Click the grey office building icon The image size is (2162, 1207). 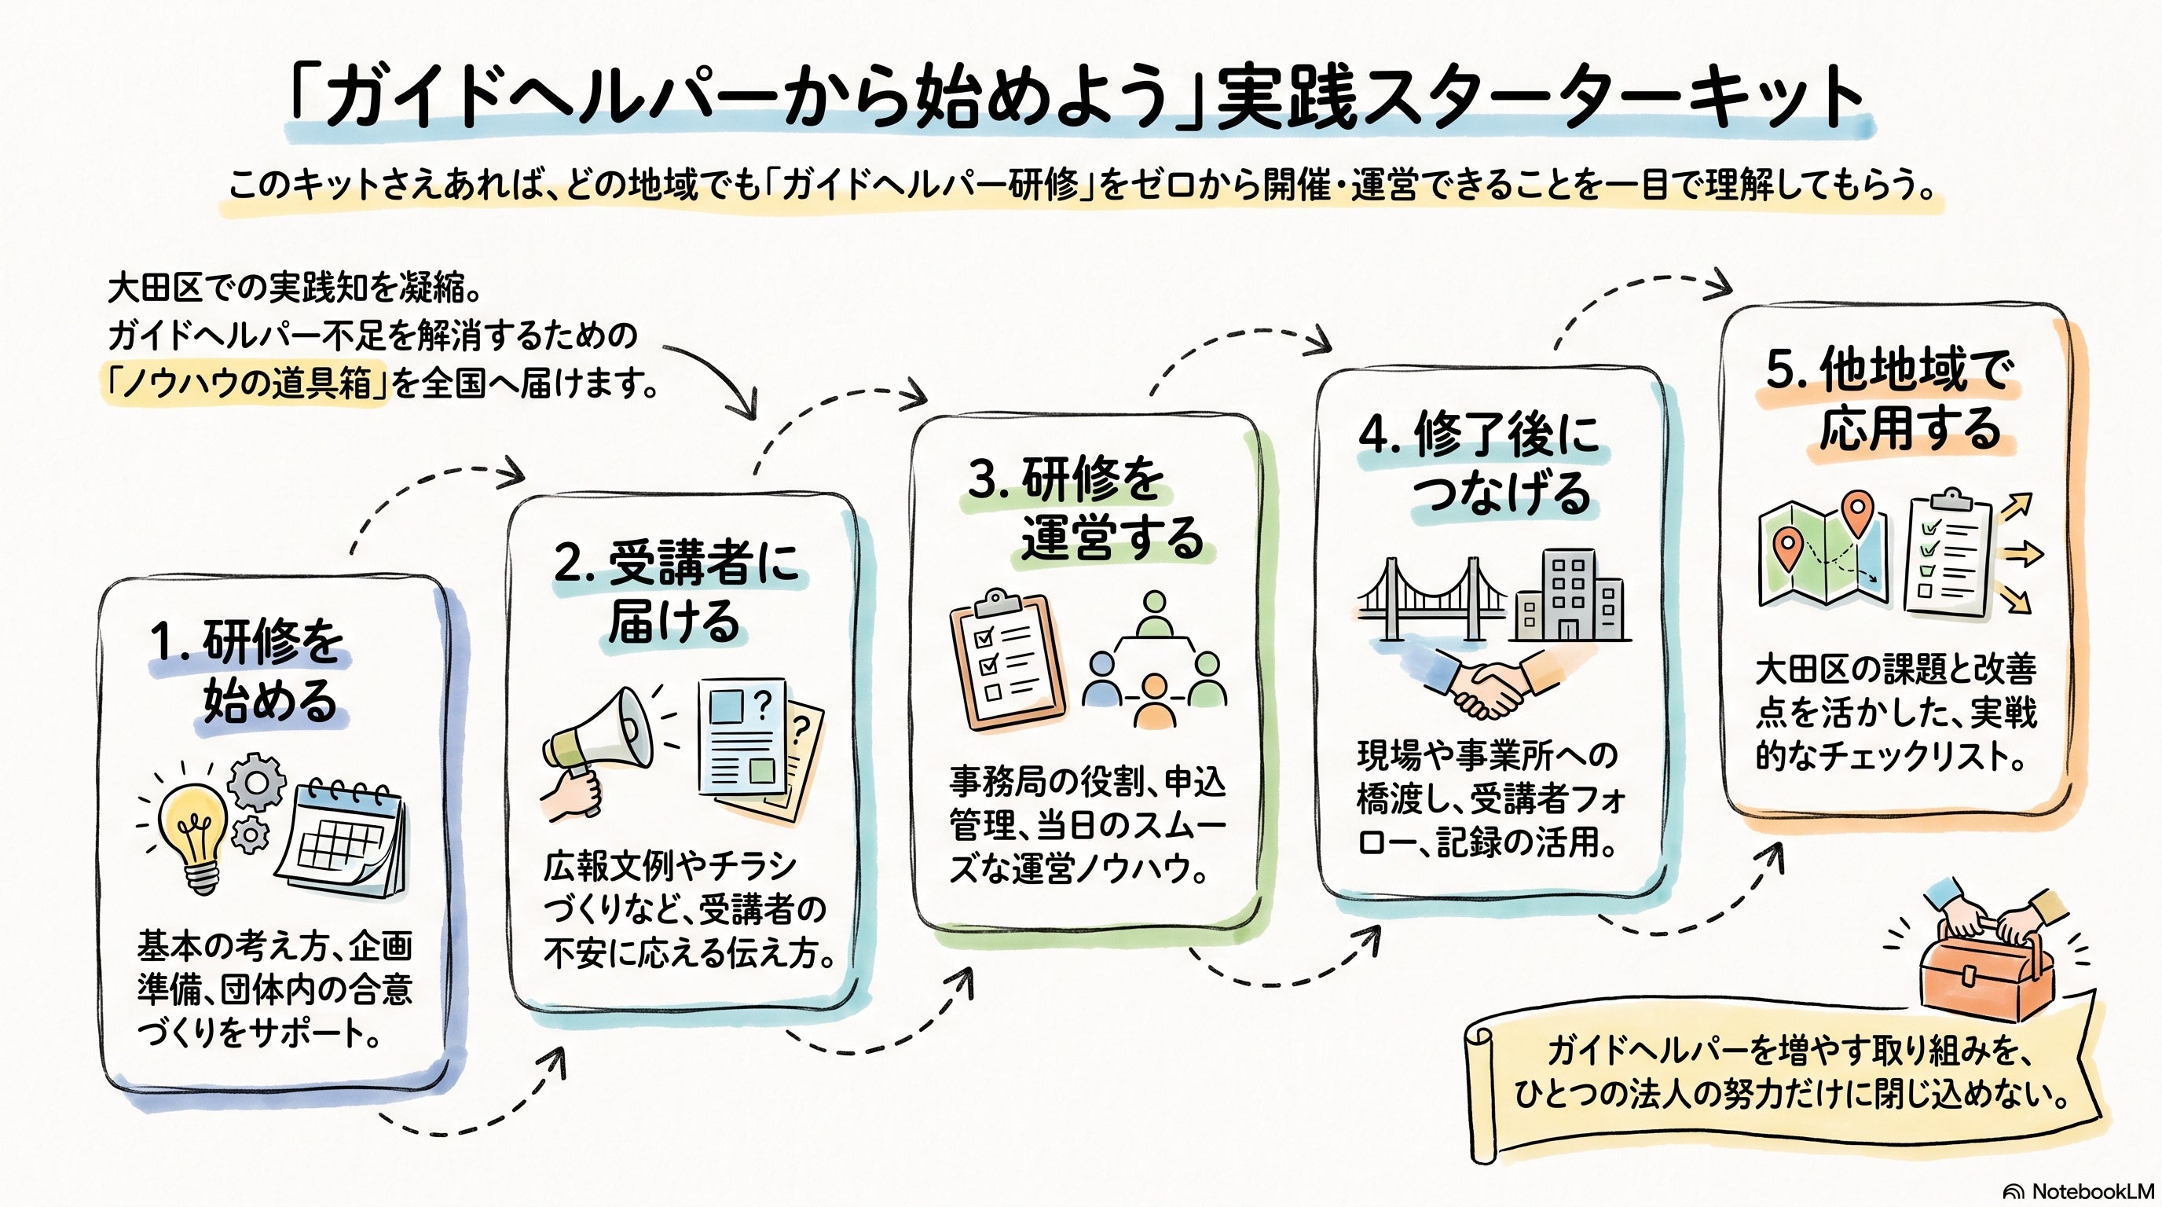tap(1570, 596)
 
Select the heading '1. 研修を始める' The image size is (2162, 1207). tap(248, 672)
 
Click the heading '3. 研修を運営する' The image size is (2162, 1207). tap(1086, 508)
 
